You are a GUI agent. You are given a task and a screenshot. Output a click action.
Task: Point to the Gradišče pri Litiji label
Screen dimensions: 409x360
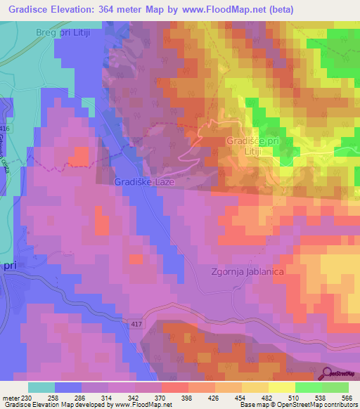coord(254,145)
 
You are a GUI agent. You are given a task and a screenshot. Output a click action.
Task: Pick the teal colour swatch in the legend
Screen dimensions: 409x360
coord(41,387)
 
